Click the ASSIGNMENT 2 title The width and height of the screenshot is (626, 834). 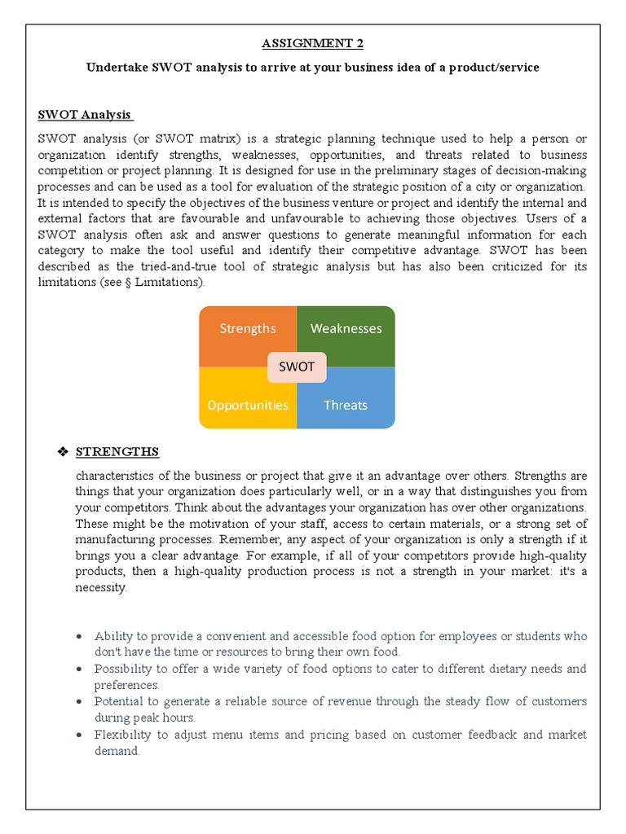312,44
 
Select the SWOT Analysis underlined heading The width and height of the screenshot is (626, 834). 86,114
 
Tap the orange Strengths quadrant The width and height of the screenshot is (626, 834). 248,329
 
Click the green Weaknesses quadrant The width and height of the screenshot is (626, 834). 346,329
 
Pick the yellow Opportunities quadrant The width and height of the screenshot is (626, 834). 248,405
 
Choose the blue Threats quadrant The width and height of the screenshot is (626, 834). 346,405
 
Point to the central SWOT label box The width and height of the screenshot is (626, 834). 297,367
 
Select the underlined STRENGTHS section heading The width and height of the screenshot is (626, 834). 117,452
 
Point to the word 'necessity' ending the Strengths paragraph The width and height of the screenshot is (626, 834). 101,587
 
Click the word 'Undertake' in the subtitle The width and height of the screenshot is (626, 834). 117,68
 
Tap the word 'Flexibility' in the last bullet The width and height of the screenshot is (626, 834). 122,735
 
